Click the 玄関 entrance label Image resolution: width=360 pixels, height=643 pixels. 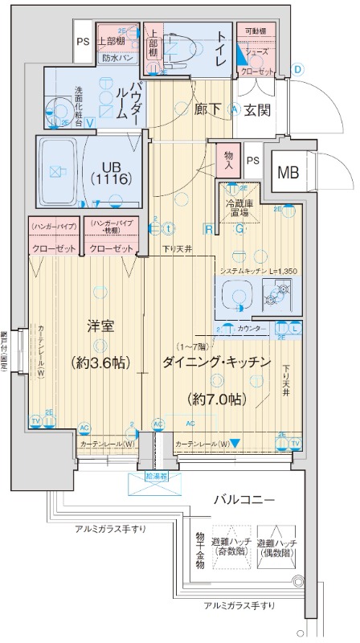click(x=257, y=109)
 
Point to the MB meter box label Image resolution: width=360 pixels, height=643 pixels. click(x=287, y=173)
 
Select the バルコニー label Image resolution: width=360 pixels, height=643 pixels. click(x=244, y=500)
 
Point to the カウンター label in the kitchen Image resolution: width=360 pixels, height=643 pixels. click(x=252, y=329)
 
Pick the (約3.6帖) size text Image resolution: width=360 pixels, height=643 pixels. click(x=100, y=362)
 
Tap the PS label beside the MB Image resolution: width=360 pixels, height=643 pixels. click(x=252, y=160)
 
